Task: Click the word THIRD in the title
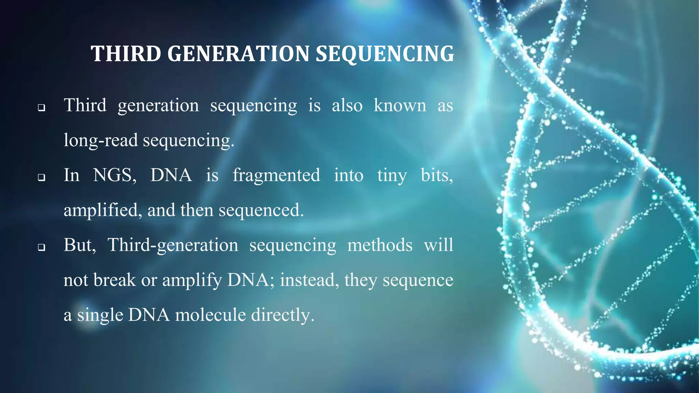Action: [126, 54]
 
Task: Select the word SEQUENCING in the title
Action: [385, 54]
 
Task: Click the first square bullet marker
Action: [42, 108]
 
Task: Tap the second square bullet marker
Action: [42, 177]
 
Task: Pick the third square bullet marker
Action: [42, 247]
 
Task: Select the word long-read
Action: [101, 140]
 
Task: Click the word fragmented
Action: [276, 175]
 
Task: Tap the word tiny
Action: [392, 176]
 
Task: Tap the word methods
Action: [380, 245]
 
